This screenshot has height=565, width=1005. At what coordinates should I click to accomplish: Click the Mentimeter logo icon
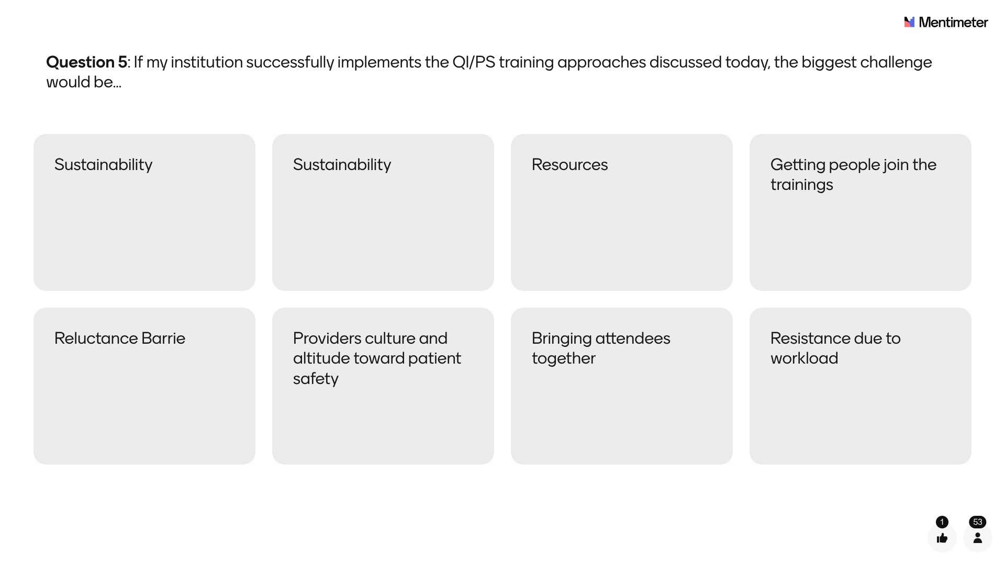909,22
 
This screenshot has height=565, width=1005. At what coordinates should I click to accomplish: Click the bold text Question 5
87,62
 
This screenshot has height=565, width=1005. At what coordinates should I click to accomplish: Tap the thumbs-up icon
942,538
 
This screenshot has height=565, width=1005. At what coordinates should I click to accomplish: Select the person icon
978,538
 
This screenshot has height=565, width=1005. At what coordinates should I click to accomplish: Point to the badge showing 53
978,522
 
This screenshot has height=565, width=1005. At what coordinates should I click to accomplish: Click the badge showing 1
942,522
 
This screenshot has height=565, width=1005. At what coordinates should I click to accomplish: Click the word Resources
569,165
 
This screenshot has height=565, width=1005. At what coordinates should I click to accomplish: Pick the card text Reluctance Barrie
120,338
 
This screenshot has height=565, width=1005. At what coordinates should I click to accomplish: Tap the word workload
804,358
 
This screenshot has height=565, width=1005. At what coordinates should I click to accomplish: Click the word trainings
801,185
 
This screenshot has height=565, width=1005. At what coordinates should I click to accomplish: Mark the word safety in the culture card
316,379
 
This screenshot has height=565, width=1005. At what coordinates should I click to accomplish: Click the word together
564,359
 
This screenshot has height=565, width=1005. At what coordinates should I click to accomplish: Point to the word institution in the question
206,62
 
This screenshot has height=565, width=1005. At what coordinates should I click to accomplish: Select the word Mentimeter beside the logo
953,22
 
